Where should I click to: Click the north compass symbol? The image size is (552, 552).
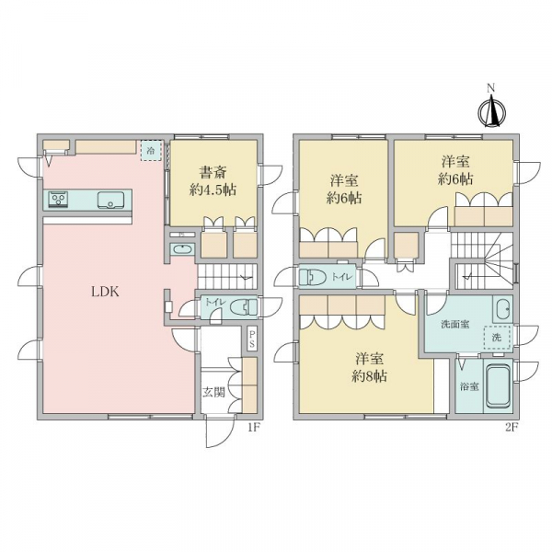point(492,109)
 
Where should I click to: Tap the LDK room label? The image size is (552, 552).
point(105,292)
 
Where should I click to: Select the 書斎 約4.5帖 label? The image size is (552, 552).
point(213,181)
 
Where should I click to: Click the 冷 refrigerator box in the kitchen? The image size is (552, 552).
point(151,151)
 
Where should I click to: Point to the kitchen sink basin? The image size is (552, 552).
point(110,200)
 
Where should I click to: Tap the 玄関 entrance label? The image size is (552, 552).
point(213,392)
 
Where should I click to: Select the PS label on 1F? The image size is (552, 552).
point(252,339)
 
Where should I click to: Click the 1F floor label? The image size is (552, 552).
point(253,428)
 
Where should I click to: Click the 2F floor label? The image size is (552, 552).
point(512,428)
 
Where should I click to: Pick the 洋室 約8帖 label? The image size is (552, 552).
point(369,367)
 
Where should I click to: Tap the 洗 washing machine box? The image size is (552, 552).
point(497,338)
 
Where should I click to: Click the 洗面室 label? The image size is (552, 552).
point(455,324)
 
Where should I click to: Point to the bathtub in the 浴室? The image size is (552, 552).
point(498,386)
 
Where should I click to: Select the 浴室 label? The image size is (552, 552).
point(469,386)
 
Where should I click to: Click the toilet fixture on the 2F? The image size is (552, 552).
point(314,277)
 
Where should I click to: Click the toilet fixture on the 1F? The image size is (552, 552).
point(244,307)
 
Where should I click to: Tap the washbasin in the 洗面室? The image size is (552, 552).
point(501,308)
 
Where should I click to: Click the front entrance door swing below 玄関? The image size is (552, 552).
point(219,432)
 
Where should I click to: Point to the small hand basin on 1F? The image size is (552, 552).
point(181,249)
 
